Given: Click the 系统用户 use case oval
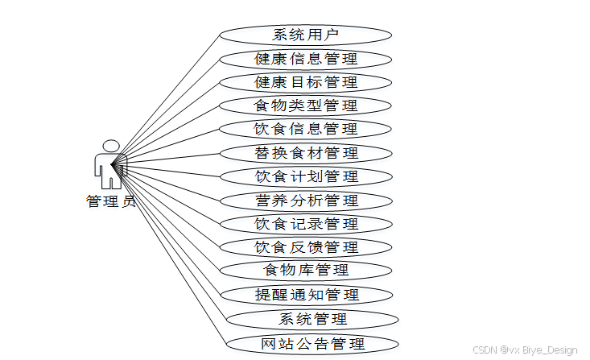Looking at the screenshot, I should point(305,35).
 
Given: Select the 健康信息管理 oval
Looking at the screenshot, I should point(305,59).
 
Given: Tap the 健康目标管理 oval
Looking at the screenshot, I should point(305,82).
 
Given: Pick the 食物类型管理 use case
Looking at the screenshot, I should point(305,106).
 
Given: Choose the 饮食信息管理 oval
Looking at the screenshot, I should point(305,129).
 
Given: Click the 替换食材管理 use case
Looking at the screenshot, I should point(305,153).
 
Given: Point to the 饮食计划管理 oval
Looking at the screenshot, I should point(305,176).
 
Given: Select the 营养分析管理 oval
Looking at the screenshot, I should point(305,201).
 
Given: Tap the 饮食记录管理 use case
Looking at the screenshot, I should point(305,224).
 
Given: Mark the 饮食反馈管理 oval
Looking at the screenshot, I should point(305,247).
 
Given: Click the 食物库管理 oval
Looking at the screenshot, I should point(305,270).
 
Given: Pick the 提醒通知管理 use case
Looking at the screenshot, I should point(305,295).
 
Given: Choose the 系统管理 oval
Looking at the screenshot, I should point(312,319).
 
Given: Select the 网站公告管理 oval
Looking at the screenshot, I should point(312,344).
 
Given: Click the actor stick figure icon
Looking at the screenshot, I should point(109,165).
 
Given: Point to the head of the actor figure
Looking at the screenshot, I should point(109,146).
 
